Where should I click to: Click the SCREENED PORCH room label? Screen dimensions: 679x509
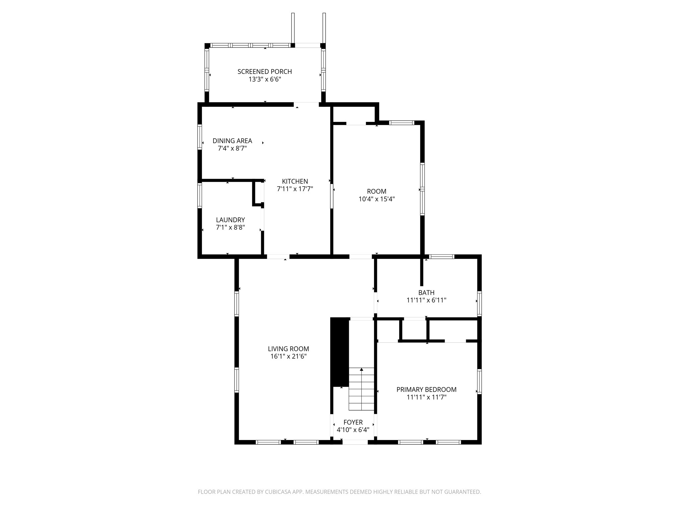click(265, 72)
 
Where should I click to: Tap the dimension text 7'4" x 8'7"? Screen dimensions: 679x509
click(232, 148)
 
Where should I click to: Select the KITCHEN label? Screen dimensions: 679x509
click(295, 181)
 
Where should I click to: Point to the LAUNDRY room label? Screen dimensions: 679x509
click(230, 220)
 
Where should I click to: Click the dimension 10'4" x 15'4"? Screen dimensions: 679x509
click(377, 199)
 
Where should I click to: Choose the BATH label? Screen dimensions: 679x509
click(426, 293)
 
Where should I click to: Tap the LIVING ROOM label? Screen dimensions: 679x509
click(288, 349)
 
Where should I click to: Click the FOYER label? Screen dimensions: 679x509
click(353, 422)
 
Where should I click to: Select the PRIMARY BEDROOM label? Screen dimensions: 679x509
click(426, 390)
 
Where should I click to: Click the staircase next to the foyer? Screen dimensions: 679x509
click(361, 389)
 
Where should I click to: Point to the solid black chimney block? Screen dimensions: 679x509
click(340, 352)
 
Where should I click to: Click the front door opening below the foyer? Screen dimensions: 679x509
click(355, 442)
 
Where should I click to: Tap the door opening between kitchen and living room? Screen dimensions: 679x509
click(278, 256)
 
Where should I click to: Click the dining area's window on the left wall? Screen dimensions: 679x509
click(200, 137)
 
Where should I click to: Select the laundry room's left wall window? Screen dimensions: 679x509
click(200, 196)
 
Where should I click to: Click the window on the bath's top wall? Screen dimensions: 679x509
click(442, 256)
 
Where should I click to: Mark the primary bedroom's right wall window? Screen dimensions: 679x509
click(479, 381)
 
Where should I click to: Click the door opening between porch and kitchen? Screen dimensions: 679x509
click(306, 105)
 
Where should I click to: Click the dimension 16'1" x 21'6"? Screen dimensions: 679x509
click(288, 357)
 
